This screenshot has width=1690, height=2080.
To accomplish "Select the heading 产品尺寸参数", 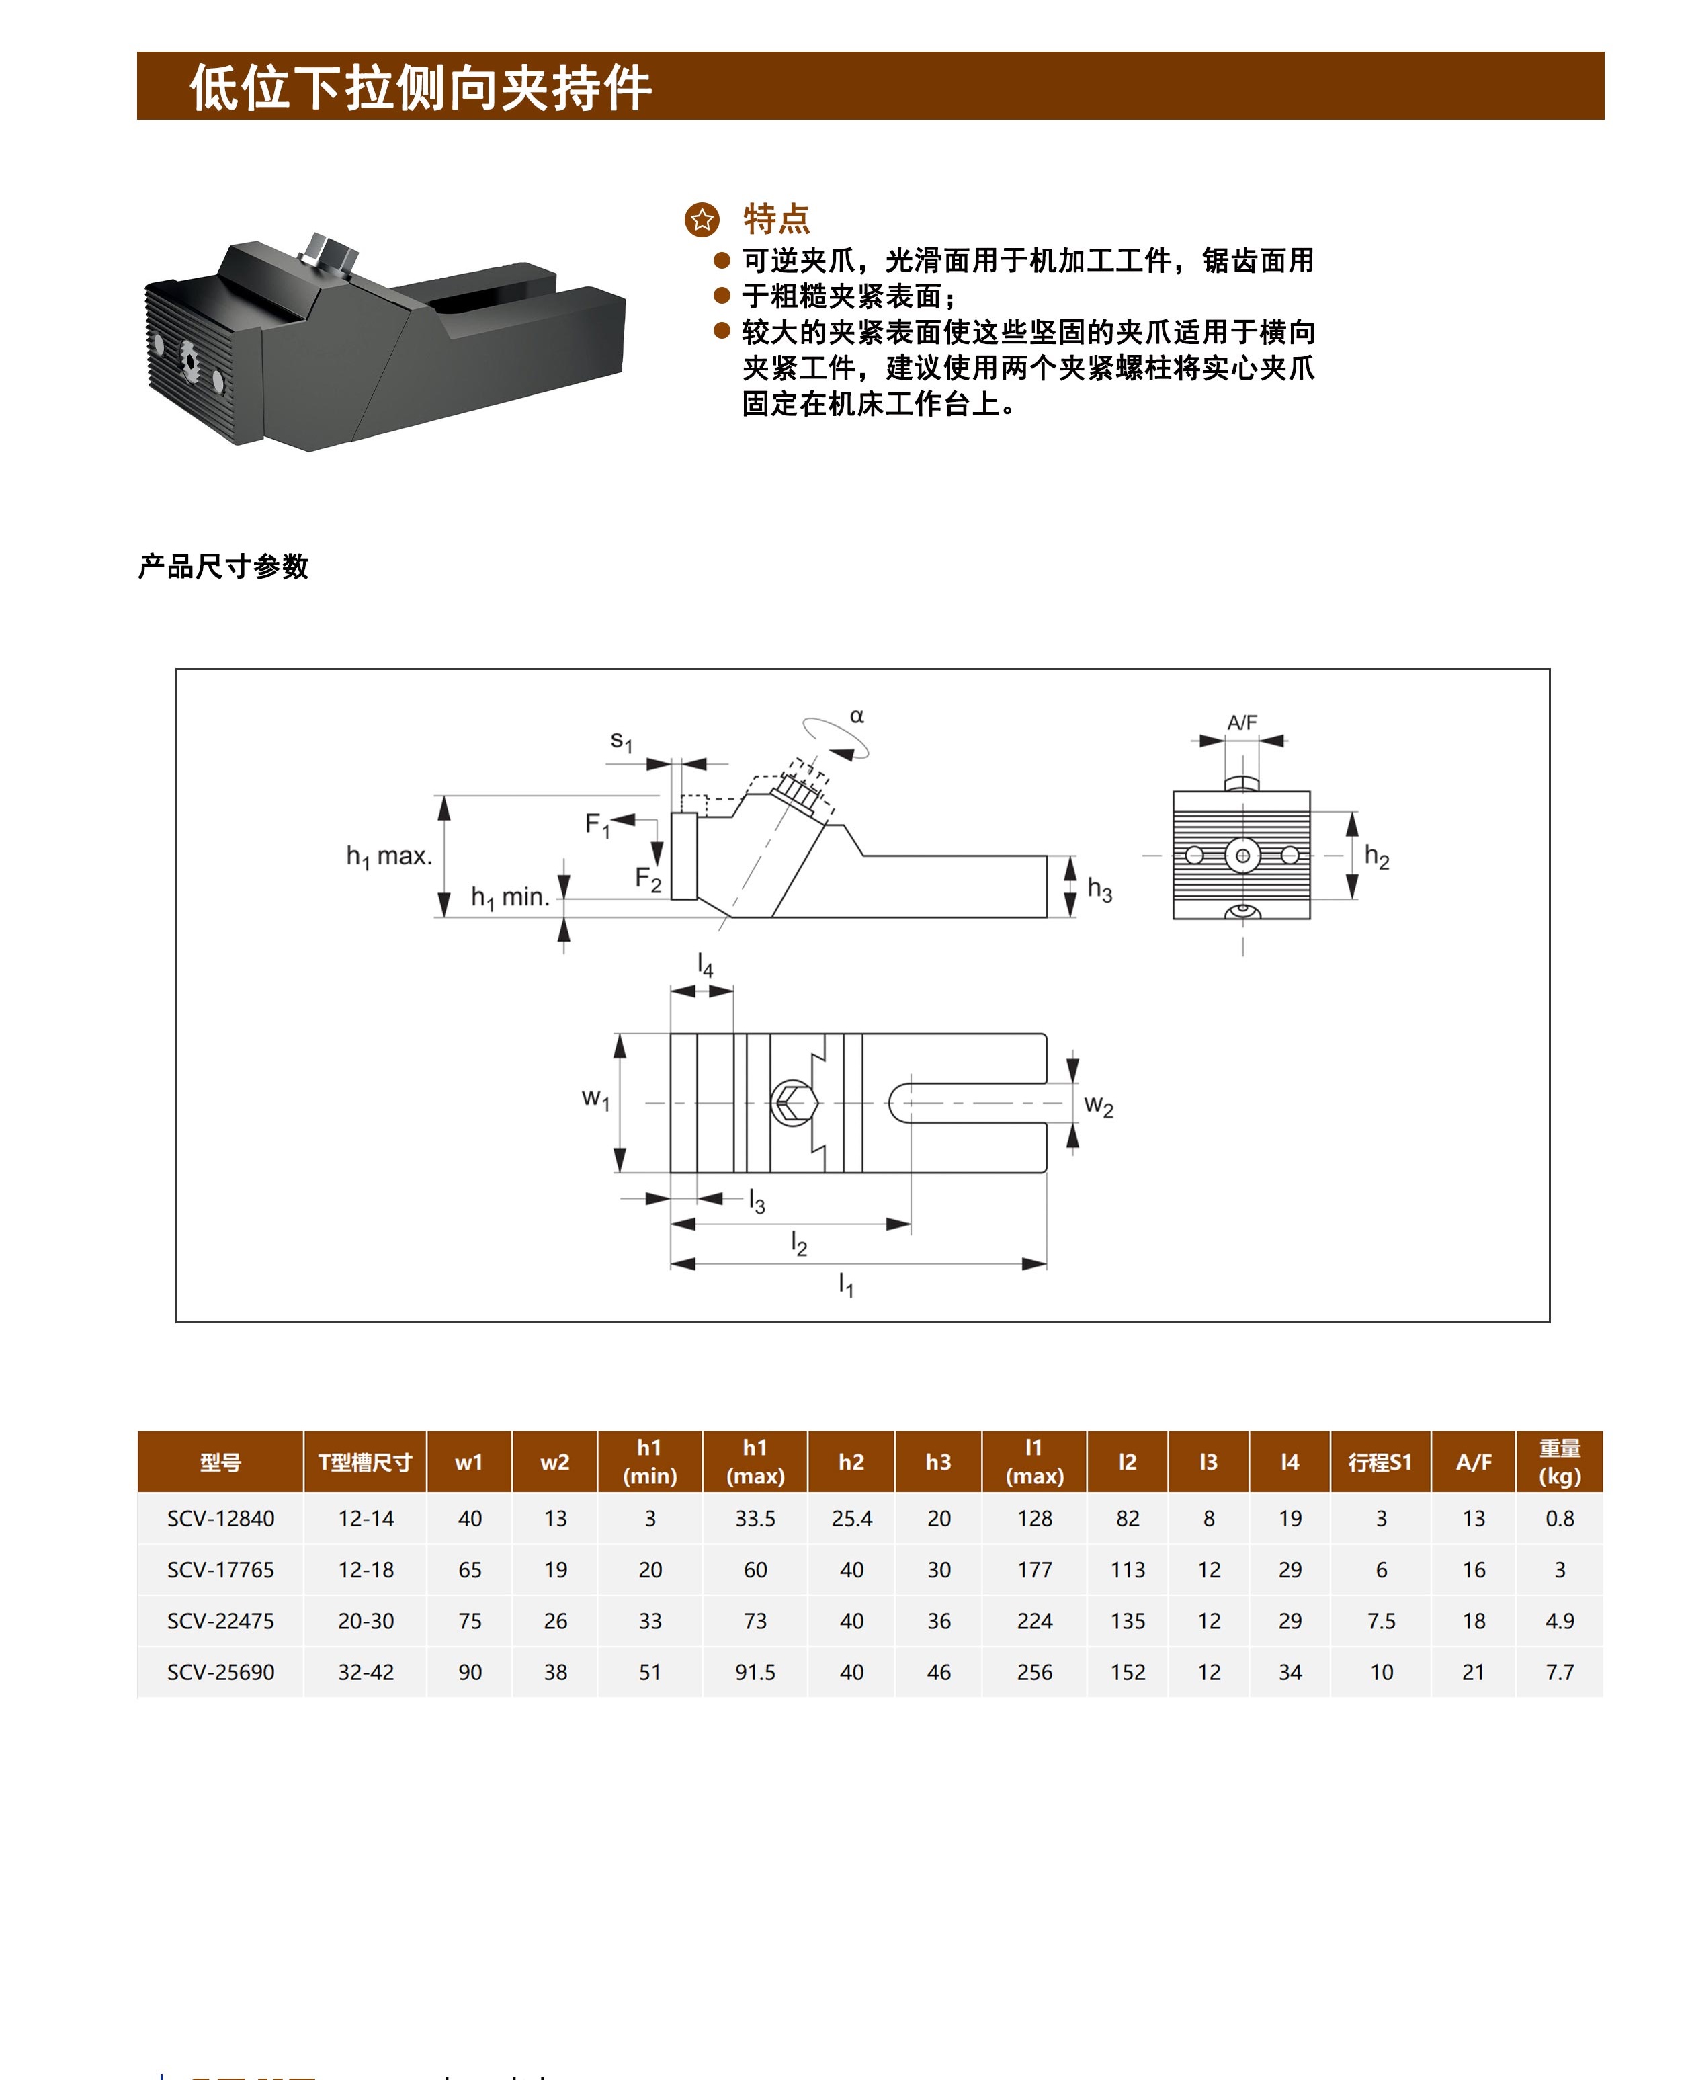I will (223, 567).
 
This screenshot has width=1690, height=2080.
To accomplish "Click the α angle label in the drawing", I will (857, 716).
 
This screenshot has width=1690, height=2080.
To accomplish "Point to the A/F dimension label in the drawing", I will (1242, 722).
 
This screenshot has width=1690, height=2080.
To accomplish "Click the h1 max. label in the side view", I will (389, 857).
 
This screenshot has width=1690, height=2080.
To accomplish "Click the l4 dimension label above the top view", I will (705, 965).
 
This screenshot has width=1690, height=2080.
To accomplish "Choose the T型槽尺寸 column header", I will (365, 1462).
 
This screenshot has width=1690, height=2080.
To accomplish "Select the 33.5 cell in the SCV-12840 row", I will (755, 1518).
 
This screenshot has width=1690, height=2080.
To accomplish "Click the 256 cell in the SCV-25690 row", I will (1034, 1672).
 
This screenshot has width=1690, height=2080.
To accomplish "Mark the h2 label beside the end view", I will (1377, 857).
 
